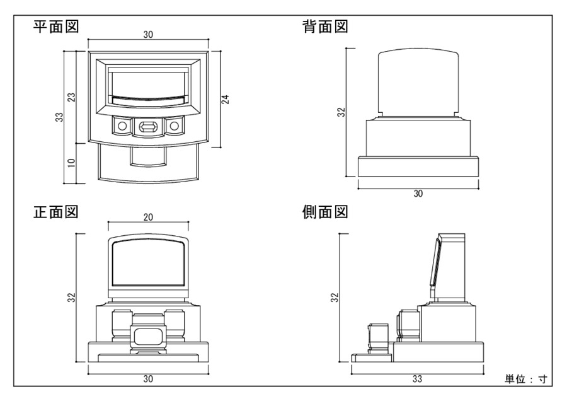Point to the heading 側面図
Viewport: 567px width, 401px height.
[x=326, y=211]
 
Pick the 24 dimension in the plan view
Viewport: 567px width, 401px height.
[x=225, y=98]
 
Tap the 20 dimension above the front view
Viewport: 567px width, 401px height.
[x=148, y=216]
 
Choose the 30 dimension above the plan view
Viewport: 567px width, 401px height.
[x=148, y=35]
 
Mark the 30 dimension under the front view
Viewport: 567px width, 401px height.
[x=148, y=379]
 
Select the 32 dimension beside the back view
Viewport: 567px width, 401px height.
[x=341, y=112]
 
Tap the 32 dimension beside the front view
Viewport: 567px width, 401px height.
[x=71, y=297]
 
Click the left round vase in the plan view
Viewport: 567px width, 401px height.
[x=120, y=127]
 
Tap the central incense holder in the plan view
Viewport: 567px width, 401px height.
[x=146, y=128]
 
